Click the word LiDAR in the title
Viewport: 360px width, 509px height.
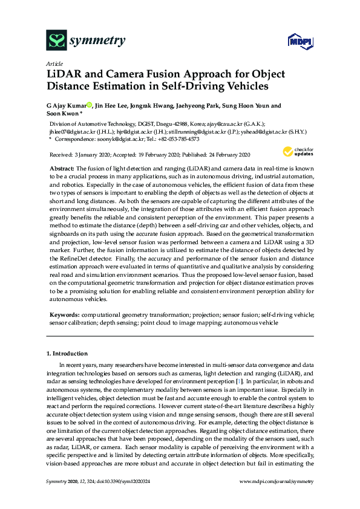pos(66,74)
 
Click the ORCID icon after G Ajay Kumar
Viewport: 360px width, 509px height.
pos(89,106)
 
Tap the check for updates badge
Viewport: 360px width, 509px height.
pos(295,151)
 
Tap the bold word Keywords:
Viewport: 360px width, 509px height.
pos(63,315)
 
